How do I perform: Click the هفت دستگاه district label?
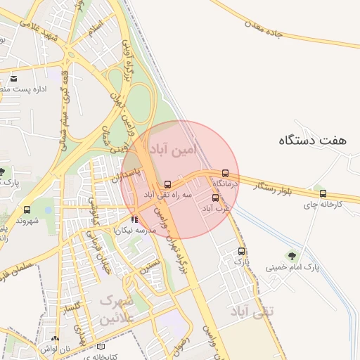pyautogui.click(x=313, y=141)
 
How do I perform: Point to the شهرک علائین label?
pyautogui.click(x=117, y=309)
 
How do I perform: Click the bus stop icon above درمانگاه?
pyautogui.click(x=225, y=173)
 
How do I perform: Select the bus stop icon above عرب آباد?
pyautogui.click(x=215, y=198)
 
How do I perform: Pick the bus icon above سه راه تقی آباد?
pyautogui.click(x=167, y=184)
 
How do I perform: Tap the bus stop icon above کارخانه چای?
pyautogui.click(x=323, y=194)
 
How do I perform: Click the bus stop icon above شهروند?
pyautogui.click(x=27, y=210)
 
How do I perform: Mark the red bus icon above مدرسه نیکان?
pyautogui.click(x=134, y=219)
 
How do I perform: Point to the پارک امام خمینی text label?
pyautogui.click(x=293, y=268)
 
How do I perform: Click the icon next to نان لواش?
pyautogui.click(x=54, y=339)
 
